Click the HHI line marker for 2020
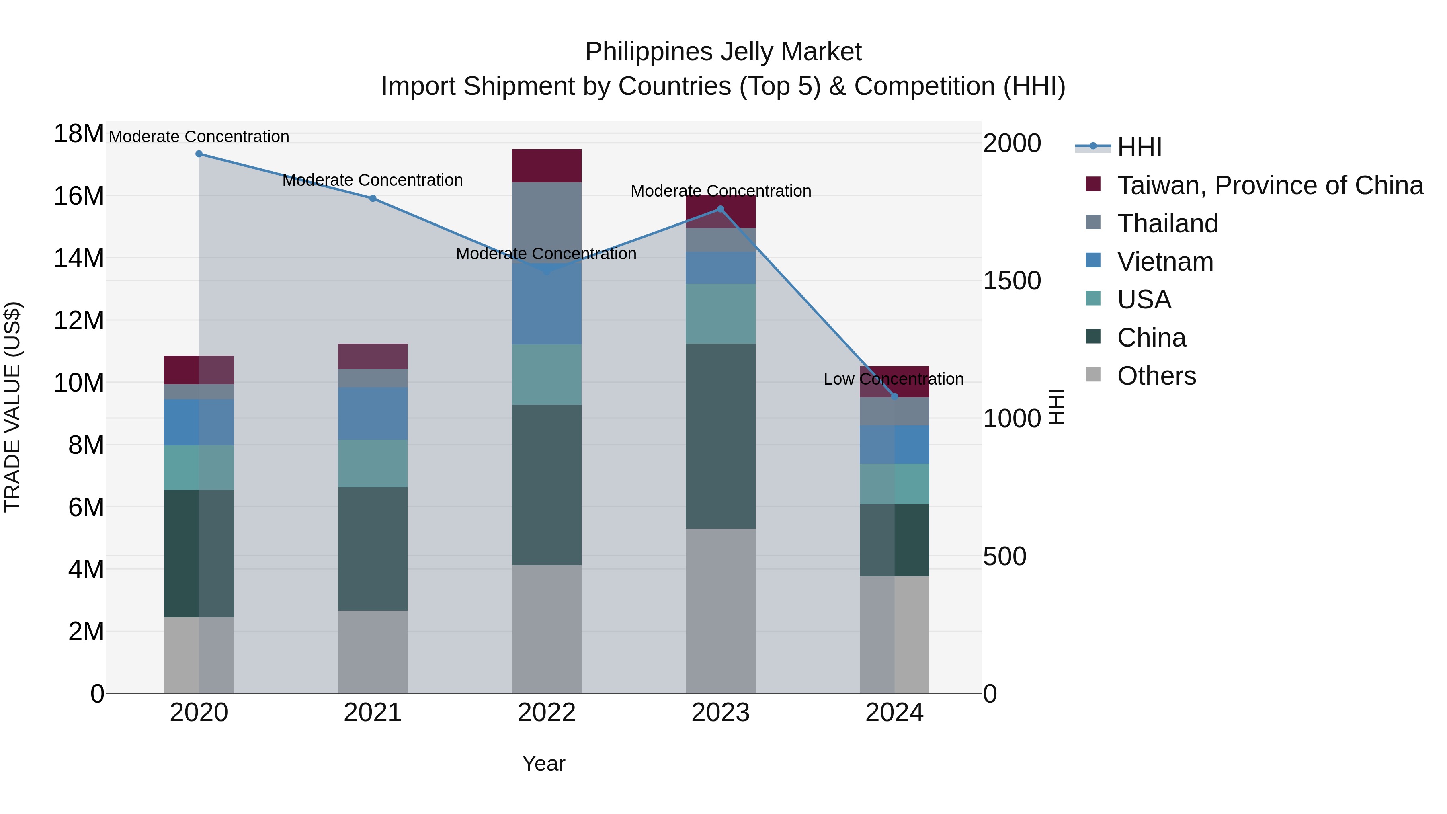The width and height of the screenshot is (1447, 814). point(199,154)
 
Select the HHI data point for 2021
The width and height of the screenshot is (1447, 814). point(373,198)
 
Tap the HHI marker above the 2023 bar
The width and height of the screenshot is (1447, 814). point(721,209)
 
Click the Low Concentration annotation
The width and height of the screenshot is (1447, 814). point(893,379)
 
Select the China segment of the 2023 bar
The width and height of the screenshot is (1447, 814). point(721,436)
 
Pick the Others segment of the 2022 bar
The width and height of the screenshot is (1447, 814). point(547,629)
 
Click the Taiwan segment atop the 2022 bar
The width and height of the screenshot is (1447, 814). point(547,166)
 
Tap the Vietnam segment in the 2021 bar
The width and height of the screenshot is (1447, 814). point(373,414)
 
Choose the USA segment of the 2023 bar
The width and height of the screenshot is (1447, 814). point(721,314)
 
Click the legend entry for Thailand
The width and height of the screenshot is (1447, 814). point(1167,223)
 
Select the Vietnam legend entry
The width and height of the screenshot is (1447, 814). point(1165,262)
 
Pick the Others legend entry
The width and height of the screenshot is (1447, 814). point(1156,376)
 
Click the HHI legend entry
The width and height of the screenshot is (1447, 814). point(1139,147)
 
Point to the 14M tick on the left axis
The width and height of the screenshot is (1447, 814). point(79,258)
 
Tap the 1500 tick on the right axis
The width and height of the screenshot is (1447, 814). point(1012,281)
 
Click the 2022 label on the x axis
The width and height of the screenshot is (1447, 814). point(547,713)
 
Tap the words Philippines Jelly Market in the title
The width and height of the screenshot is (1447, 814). point(723,52)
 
